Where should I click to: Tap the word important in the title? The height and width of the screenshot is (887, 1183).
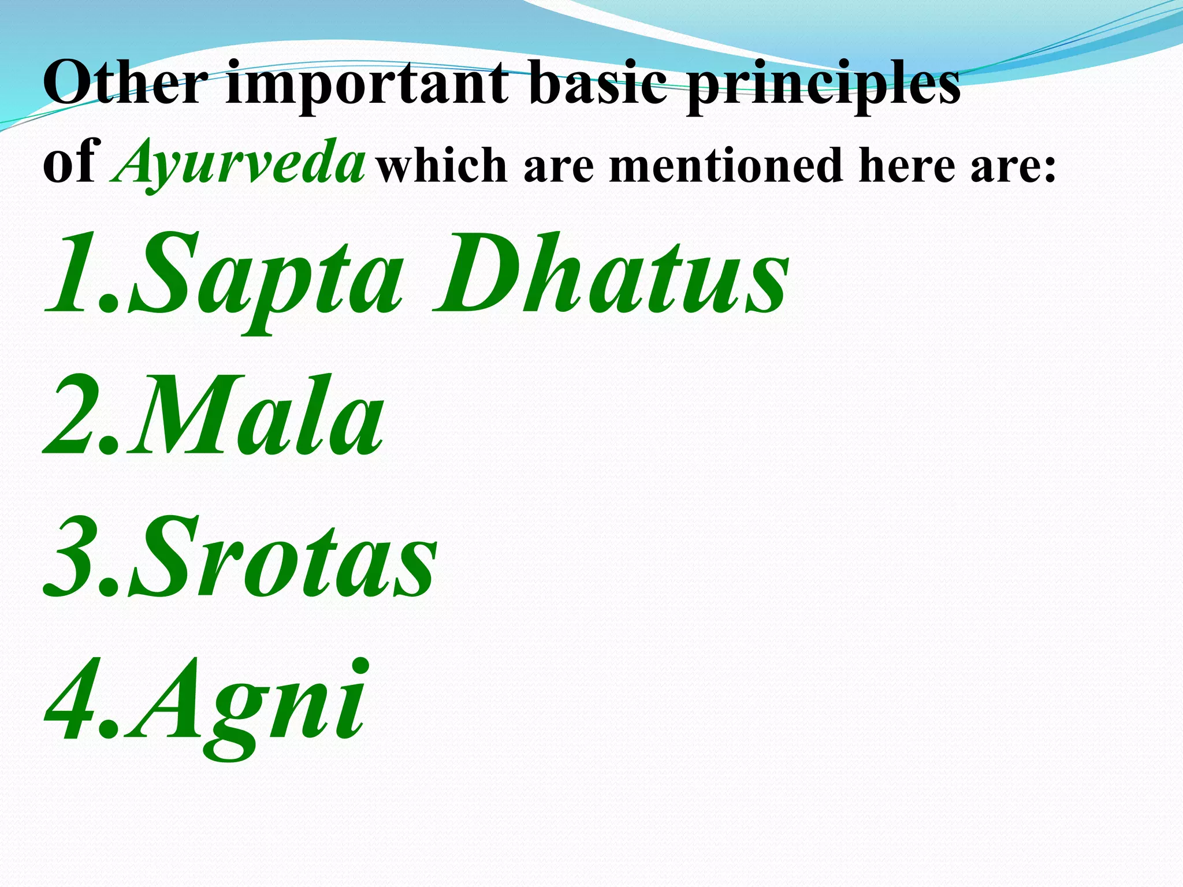tap(367, 87)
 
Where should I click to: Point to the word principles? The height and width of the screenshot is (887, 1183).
tap(823, 87)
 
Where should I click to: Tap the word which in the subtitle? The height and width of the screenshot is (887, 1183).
tap(442, 165)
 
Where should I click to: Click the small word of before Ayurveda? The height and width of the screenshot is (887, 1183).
tap(72, 165)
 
